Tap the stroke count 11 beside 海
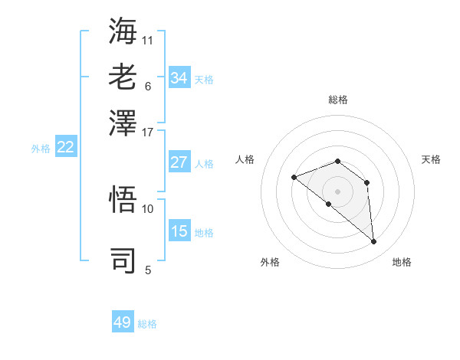[148, 39]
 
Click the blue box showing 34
[179, 78]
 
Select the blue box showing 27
[179, 162]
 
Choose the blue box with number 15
[179, 231]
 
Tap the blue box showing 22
[65, 147]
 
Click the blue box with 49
[123, 322]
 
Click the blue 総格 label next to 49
[147, 324]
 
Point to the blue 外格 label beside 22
[40, 149]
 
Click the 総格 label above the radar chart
[338, 100]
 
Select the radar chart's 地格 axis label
[402, 262]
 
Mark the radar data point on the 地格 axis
[374, 242]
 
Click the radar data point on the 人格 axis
[294, 177]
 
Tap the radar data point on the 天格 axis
[367, 182]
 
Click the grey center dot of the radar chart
[338, 191]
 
